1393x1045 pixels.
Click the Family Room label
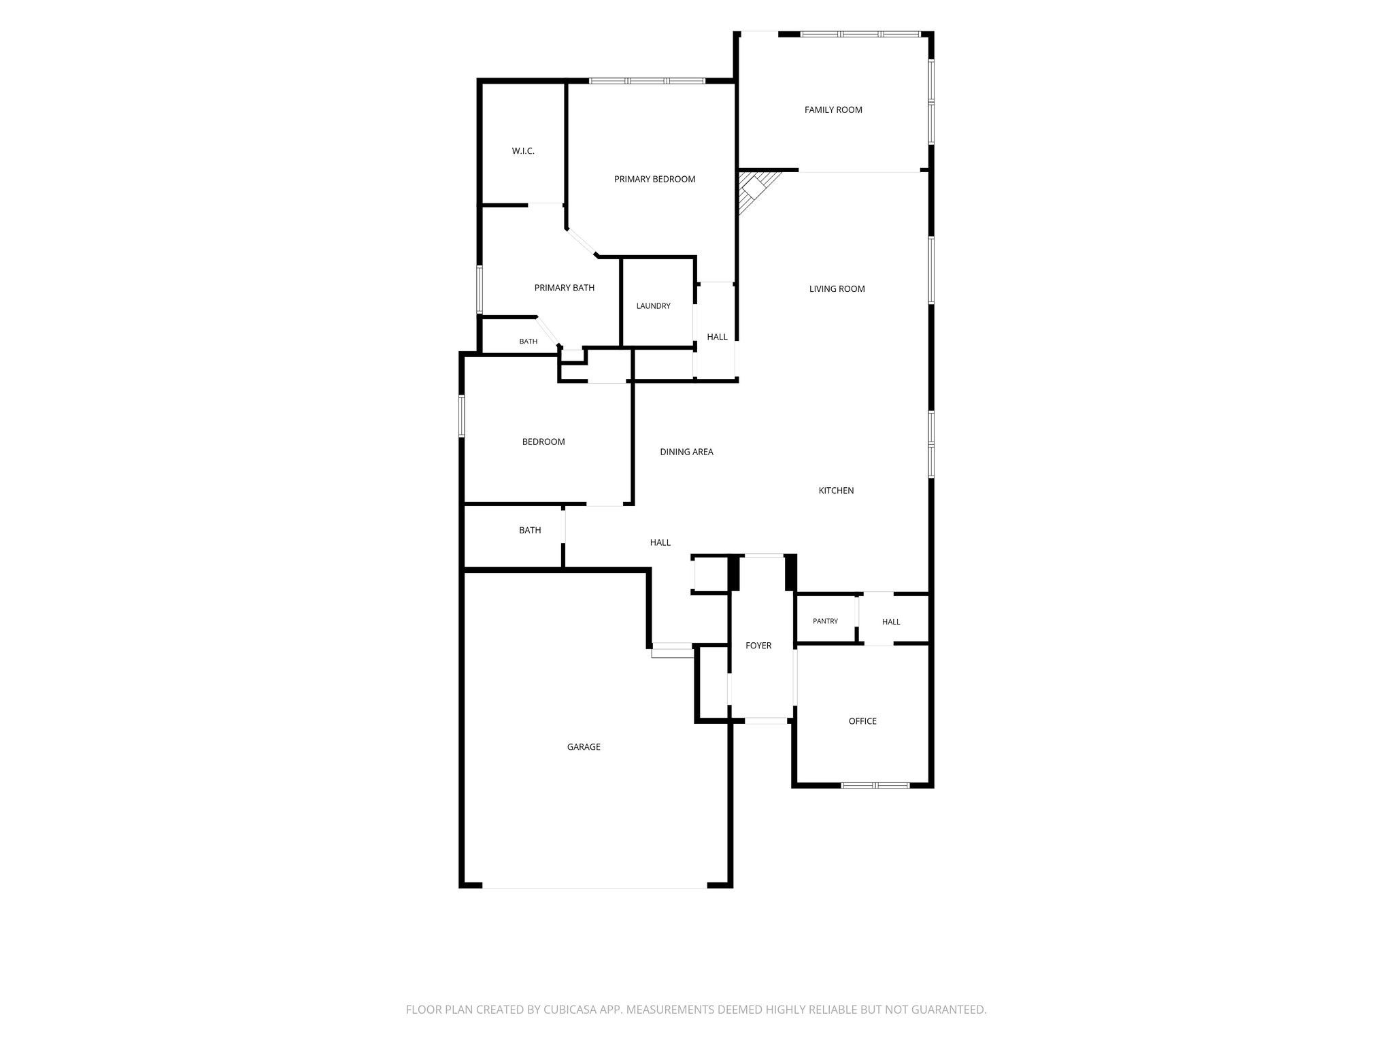click(x=833, y=110)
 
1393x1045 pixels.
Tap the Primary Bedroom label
click(x=654, y=179)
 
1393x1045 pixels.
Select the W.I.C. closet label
click(x=523, y=151)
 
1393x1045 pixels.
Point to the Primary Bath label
click(x=564, y=288)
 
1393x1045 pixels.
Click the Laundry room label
click(x=653, y=306)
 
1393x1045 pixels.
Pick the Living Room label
click(x=837, y=288)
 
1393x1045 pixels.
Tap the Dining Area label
click(x=686, y=452)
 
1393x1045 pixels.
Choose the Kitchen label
click(x=836, y=491)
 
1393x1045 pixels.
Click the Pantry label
click(x=825, y=621)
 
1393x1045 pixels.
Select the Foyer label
click(x=758, y=646)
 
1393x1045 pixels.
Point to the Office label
click(x=862, y=721)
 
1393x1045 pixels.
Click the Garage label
click(x=584, y=747)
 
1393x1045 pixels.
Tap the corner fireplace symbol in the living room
click(x=757, y=190)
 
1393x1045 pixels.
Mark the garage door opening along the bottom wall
click(x=595, y=887)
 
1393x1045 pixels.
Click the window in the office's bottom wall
click(x=875, y=785)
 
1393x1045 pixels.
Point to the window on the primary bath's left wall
click(x=480, y=289)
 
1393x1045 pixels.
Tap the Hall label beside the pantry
click(x=891, y=622)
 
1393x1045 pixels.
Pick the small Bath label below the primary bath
click(x=528, y=342)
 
